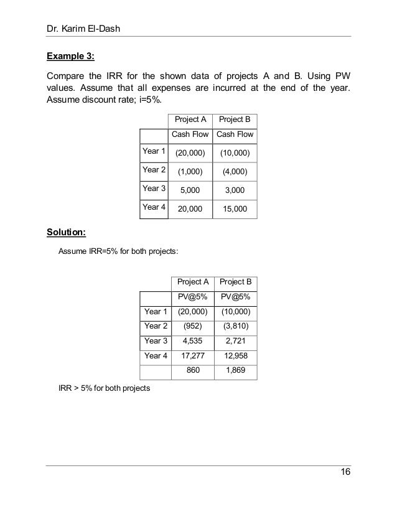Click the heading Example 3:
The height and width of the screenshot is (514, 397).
click(71, 56)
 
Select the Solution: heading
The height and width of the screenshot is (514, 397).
click(67, 233)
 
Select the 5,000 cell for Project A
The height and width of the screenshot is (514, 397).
click(190, 190)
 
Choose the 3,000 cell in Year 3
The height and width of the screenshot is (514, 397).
click(235, 190)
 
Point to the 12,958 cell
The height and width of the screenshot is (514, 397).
click(236, 356)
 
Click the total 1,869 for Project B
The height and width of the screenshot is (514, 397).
click(236, 371)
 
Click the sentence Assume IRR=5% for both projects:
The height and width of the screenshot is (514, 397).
click(118, 251)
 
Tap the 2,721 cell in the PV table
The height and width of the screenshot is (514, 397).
click(236, 340)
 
